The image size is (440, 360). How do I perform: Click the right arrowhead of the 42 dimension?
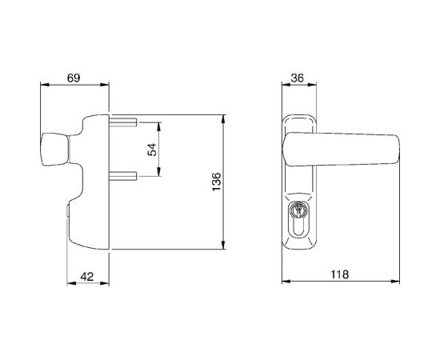point(108,286)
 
